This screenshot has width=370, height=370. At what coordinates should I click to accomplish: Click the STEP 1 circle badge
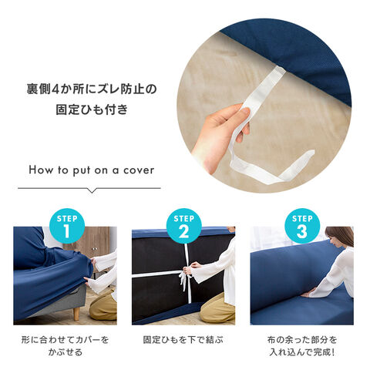coord(67,226)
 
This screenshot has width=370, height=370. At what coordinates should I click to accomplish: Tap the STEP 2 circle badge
coord(183,226)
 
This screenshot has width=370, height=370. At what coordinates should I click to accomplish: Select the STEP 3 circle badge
coord(302,226)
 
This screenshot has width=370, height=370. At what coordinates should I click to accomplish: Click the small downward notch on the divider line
coord(92,190)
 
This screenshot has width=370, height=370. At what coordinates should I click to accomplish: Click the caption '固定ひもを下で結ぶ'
coord(183,340)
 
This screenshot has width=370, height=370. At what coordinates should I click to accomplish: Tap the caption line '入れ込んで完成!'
coord(302,351)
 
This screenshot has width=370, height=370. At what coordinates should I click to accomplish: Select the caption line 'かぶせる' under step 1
coord(66,351)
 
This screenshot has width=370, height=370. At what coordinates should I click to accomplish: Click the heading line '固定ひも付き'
coord(92,109)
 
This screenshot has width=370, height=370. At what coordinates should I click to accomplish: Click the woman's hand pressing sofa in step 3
coord(308,294)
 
